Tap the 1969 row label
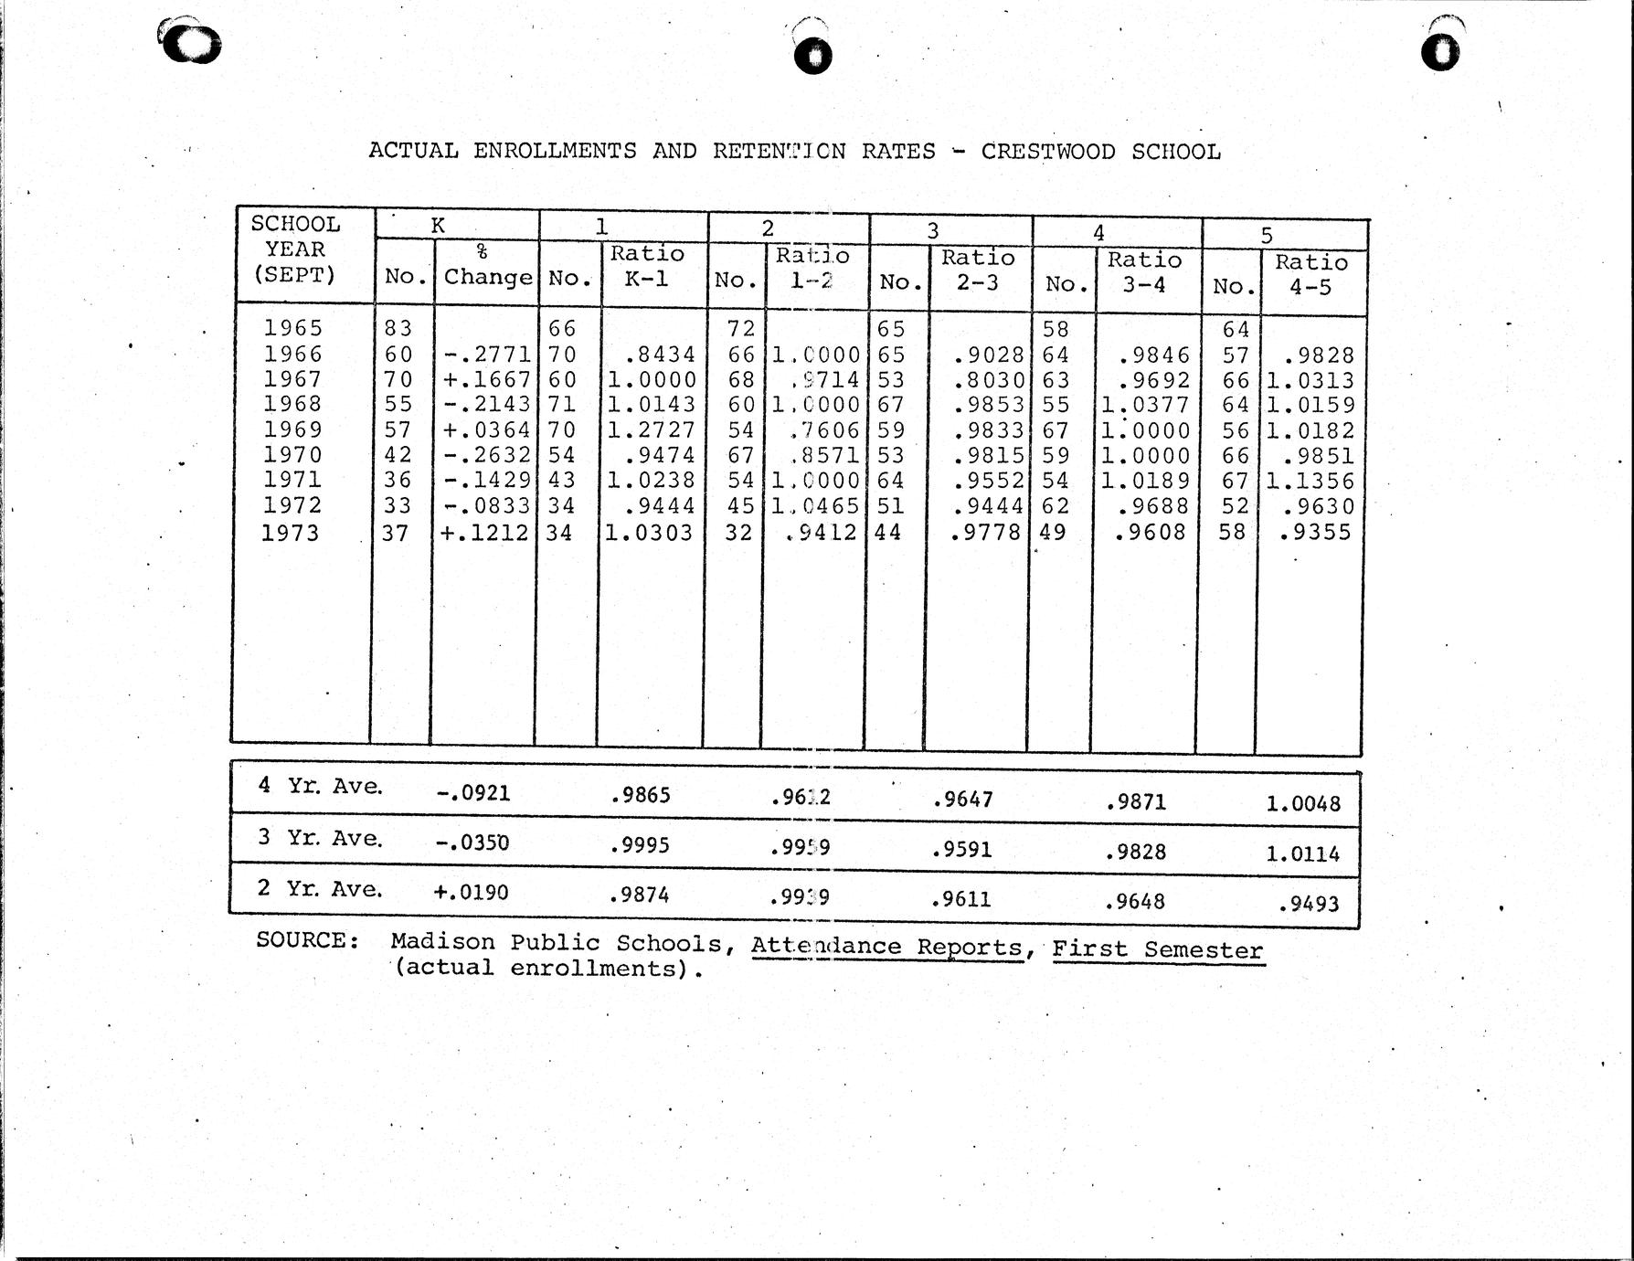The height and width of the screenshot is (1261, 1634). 292,429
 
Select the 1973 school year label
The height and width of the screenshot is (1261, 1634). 291,533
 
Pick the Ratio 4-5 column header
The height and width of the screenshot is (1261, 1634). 1311,274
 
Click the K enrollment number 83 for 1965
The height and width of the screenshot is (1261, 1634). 398,328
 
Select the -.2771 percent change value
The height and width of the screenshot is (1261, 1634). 487,355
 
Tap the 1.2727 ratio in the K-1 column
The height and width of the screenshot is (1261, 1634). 652,430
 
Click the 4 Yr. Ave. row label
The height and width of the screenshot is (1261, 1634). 320,785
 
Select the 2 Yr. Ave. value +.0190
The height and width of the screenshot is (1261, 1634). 471,891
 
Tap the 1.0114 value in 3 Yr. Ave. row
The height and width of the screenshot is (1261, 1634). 1302,853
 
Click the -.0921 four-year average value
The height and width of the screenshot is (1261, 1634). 472,792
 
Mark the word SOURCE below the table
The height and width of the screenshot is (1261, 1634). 307,940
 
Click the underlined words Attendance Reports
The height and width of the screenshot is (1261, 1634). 886,947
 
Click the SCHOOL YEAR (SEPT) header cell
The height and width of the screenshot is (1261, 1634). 295,249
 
